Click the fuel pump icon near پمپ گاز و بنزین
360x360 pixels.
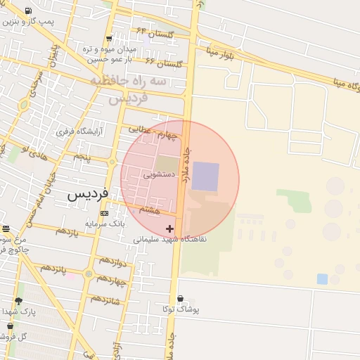click(27, 11)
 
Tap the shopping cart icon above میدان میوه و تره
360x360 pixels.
click(108, 39)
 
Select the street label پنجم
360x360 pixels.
click(83, 156)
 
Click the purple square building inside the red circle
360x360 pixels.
click(205, 176)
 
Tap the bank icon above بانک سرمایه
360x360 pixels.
click(104, 213)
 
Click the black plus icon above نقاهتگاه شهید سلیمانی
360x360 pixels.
click(169, 229)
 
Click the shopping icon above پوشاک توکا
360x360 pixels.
click(181, 298)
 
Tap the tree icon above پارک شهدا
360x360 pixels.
click(18, 301)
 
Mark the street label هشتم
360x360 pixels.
click(149, 210)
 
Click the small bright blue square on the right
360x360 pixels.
click(322, 278)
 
